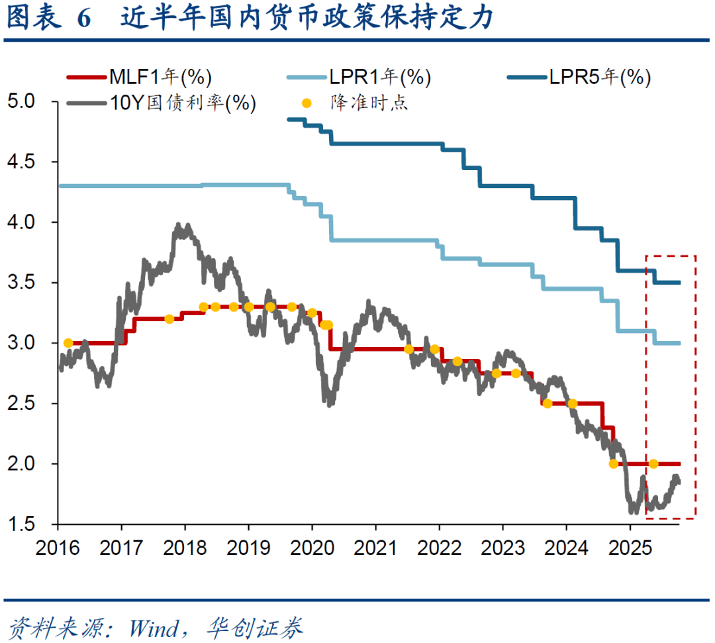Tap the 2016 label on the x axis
pyautogui.click(x=58, y=548)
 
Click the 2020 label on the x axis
pyautogui.click(x=312, y=548)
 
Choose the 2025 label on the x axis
pyautogui.click(x=630, y=548)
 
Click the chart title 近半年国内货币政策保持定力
pyautogui.click(x=308, y=19)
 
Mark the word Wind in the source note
pyautogui.click(x=154, y=626)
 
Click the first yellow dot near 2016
pyautogui.click(x=68, y=343)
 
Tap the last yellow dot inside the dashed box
pyautogui.click(x=653, y=464)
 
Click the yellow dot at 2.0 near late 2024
pyautogui.click(x=613, y=464)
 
